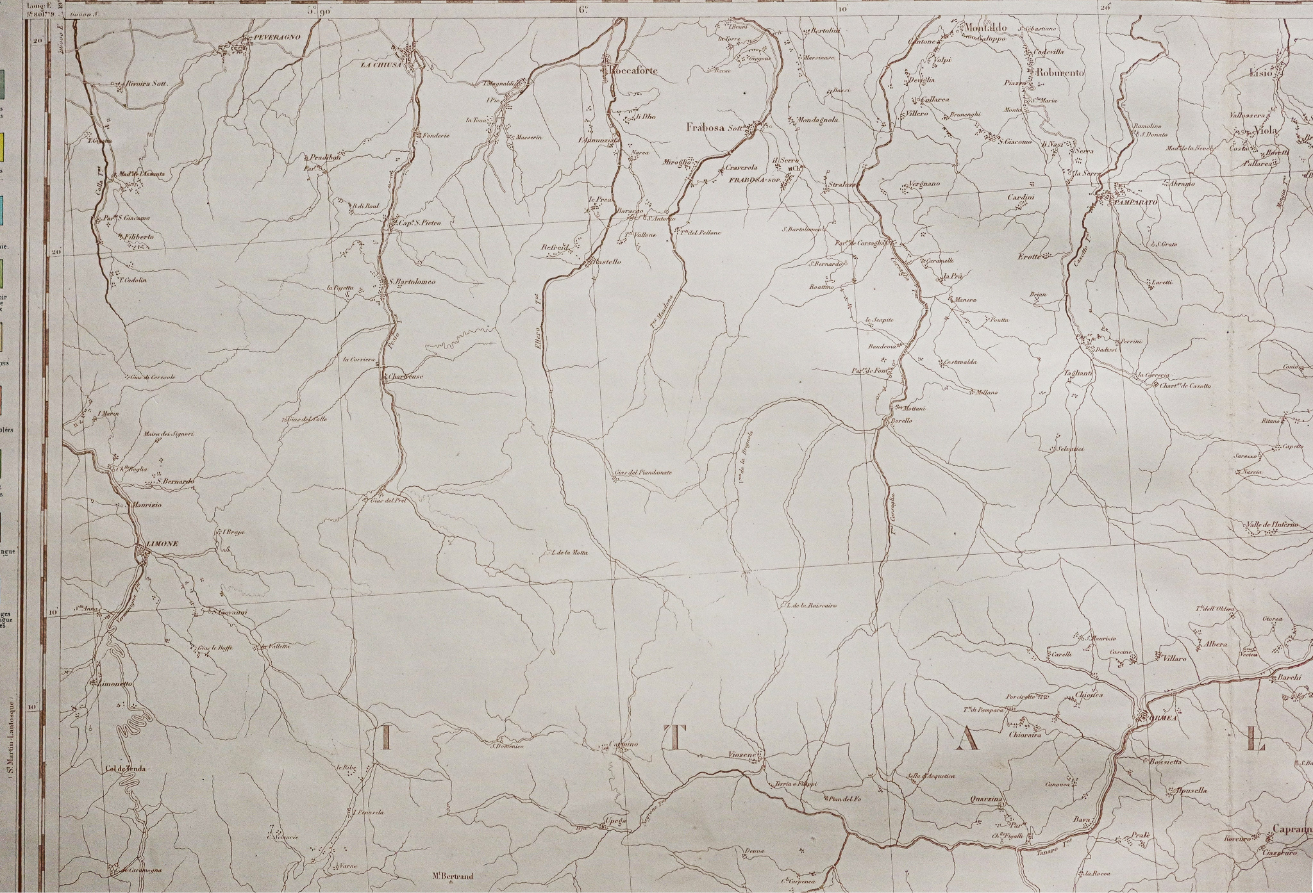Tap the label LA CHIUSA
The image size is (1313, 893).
click(x=381, y=65)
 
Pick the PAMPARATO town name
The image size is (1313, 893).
click(x=1136, y=202)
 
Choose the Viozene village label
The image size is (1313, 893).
click(x=743, y=755)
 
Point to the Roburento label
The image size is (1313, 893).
click(x=1059, y=73)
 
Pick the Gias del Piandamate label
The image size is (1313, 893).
click(x=642, y=472)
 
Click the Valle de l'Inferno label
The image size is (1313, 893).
click(x=1271, y=525)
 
